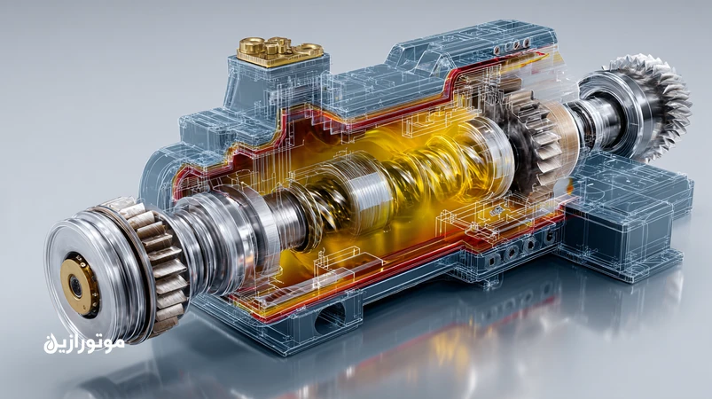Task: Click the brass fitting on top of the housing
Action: [x=278, y=51]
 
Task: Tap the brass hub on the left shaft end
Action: [x=80, y=286]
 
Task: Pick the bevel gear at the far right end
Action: [x=649, y=106]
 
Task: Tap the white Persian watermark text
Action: [x=84, y=343]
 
